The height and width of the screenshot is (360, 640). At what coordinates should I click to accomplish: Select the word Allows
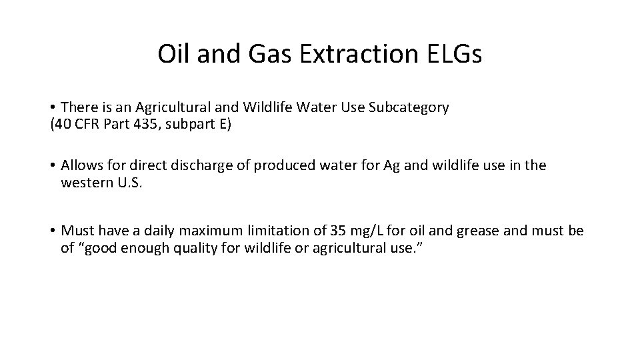(81, 165)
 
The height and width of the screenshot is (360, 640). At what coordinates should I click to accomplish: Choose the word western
(85, 182)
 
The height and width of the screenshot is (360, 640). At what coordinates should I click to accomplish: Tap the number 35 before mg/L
(339, 231)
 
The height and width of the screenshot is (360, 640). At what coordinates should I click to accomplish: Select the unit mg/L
(368, 231)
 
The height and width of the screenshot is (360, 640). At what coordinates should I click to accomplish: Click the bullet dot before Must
(53, 231)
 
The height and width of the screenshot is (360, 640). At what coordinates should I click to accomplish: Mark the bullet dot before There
(53, 108)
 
